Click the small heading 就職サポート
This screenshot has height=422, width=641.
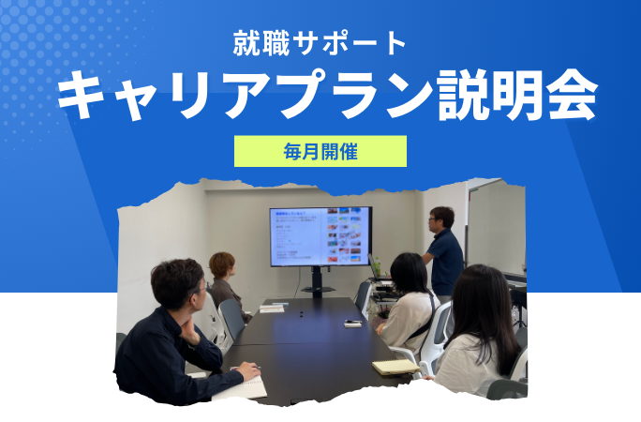320,42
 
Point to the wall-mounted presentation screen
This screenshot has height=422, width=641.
320,236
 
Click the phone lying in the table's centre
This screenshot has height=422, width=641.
352,324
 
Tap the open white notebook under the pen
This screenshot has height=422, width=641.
241,386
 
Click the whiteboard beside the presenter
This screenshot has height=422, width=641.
495,230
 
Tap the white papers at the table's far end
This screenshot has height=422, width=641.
273,307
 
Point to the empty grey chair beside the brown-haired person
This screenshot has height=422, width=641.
231,319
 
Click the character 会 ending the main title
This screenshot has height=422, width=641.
569,97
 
